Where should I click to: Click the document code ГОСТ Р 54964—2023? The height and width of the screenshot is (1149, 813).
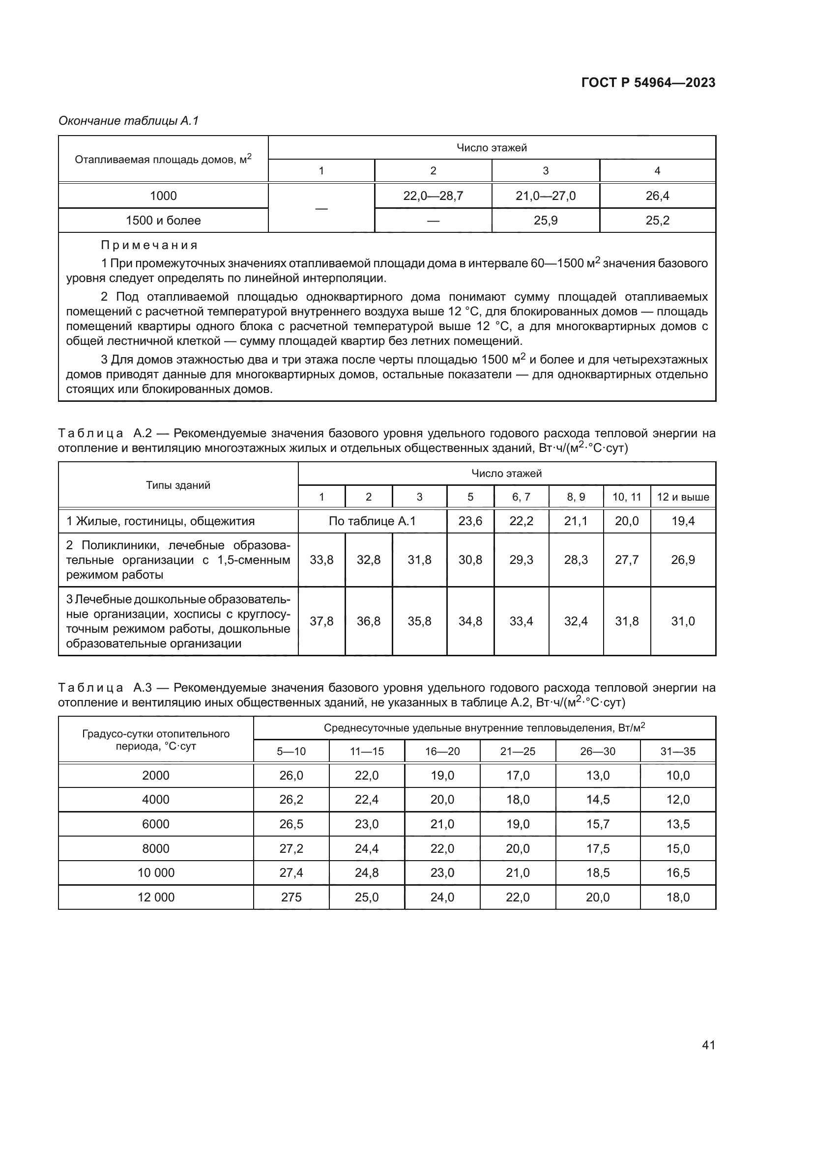coord(648,83)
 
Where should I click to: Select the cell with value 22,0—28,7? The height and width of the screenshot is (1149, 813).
coord(433,196)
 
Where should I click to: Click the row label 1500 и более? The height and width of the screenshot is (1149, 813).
coord(163,220)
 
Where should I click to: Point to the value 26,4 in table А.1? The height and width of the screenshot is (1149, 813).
coord(657,196)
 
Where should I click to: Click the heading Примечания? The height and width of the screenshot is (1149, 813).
coord(150,245)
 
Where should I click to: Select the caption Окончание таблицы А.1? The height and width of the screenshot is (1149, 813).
coord(129,121)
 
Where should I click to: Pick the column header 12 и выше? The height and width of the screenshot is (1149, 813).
coord(683,497)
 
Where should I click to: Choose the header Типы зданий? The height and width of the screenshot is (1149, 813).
coord(178,485)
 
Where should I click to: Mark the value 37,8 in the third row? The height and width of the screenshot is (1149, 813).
coord(321,621)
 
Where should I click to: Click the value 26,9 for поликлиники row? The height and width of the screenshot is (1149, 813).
coord(683,560)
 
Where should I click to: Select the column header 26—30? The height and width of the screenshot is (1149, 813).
coord(598,751)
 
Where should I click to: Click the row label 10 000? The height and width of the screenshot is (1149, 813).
coord(156,873)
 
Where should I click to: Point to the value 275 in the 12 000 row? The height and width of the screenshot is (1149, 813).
coord(291,897)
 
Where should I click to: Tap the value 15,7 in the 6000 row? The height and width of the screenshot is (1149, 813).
coord(598,824)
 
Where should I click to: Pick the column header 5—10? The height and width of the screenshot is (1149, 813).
coord(291,751)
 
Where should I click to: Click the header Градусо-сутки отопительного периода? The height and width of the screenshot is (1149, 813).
coord(156,740)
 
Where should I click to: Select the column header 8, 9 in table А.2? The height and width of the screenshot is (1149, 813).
coord(576,497)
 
